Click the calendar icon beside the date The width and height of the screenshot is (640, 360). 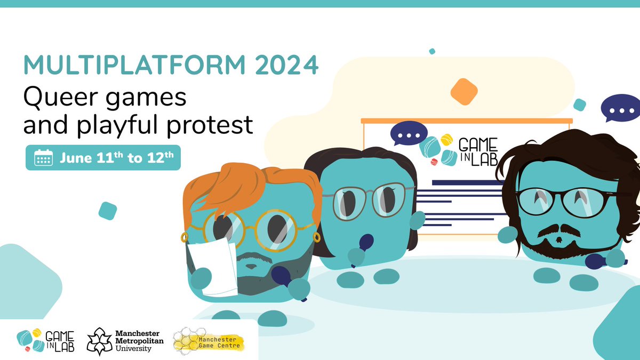click(43, 158)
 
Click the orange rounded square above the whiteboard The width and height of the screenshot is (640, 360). click(463, 91)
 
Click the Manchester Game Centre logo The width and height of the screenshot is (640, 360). click(209, 340)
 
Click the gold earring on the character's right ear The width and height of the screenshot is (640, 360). click(316, 235)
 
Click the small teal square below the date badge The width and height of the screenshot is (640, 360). click(108, 211)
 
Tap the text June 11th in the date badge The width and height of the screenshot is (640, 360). click(89, 158)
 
